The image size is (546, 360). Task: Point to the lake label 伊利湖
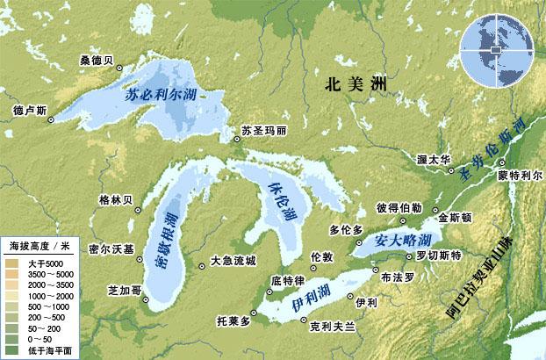click(312, 303)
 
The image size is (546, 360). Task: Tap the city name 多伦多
click(345, 230)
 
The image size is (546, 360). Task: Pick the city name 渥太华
click(434, 159)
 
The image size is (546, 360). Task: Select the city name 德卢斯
click(30, 111)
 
